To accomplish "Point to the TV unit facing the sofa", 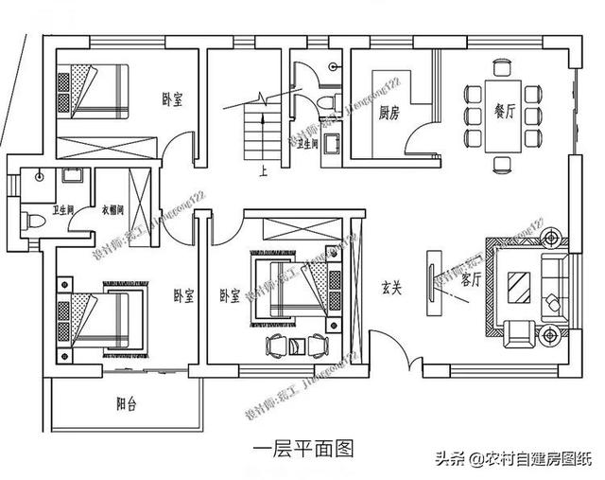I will (436, 277).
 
